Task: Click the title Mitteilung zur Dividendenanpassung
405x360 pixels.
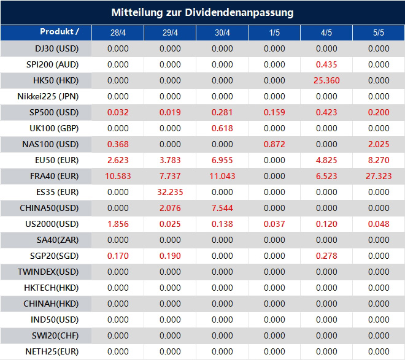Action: point(202,12)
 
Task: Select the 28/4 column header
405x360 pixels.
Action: point(118,33)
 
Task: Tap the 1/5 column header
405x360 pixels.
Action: point(274,33)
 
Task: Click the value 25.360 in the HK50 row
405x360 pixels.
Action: point(326,80)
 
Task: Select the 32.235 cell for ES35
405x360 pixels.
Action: point(170,192)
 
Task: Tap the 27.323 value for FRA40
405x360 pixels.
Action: point(378,176)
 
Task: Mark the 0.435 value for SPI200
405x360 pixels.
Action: point(326,64)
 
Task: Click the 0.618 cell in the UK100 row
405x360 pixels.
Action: point(222,128)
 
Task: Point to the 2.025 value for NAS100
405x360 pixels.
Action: point(379,144)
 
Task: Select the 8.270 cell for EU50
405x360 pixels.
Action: point(379,160)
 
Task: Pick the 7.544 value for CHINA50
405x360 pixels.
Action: point(222,208)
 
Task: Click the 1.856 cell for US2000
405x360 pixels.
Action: point(118,224)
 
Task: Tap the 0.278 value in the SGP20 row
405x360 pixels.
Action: point(326,256)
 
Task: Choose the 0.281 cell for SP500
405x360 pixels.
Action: point(222,112)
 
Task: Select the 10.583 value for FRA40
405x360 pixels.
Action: point(118,176)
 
